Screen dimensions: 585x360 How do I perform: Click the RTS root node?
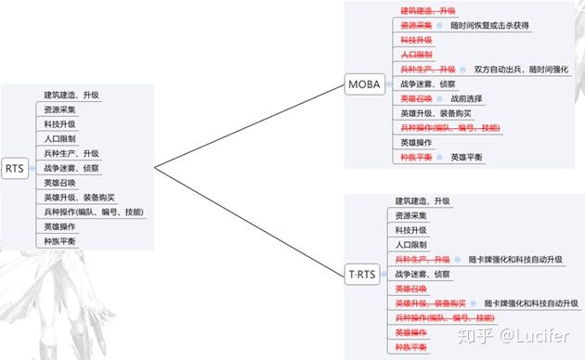[x=14, y=169]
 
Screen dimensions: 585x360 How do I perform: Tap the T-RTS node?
[x=361, y=275]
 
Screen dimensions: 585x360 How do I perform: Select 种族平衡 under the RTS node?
[x=60, y=241]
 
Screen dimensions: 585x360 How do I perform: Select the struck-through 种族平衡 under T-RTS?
[x=411, y=347]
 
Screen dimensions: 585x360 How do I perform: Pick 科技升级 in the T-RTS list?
[x=411, y=230]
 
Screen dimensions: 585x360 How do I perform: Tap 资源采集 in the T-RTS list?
[x=411, y=215]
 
